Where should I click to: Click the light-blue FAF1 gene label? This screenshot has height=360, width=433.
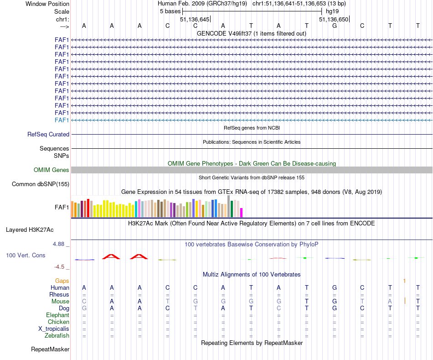(x=62, y=120)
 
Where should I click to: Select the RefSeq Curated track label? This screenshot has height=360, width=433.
(x=48, y=134)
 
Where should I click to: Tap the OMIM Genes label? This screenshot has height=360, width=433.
(x=52, y=170)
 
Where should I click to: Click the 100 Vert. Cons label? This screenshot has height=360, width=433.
(x=26, y=255)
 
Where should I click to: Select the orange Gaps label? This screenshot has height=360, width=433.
(x=62, y=281)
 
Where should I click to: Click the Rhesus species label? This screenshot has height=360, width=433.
(x=59, y=295)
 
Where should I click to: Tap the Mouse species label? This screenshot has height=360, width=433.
(x=60, y=302)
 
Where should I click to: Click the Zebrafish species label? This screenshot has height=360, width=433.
(x=57, y=336)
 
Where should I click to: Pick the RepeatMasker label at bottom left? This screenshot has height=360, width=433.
(x=50, y=350)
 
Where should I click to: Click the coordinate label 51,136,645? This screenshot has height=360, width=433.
(x=195, y=20)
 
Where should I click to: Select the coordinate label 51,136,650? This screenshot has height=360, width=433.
(x=334, y=20)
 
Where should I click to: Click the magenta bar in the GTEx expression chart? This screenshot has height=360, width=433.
(x=242, y=212)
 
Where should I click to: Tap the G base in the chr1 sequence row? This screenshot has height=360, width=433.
(x=335, y=26)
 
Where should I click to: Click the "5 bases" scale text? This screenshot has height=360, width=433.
(x=170, y=11)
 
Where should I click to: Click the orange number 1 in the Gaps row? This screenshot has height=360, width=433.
(x=404, y=281)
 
